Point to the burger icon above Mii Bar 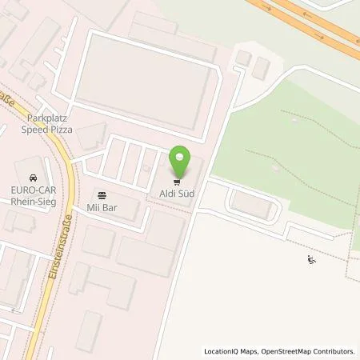click(x=102, y=194)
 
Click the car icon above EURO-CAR click(x=32, y=177)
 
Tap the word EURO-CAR click(x=32, y=190)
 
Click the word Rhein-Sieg click(x=32, y=200)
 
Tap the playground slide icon click(x=310, y=259)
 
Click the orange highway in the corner click(x=320, y=24)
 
